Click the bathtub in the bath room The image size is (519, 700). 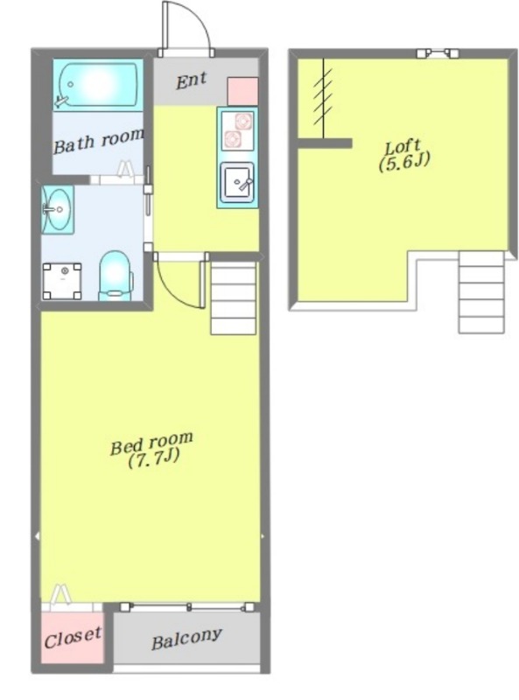click(x=98, y=84)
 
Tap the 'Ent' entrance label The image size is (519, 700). click(x=191, y=80)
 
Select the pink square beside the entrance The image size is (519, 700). click(x=243, y=91)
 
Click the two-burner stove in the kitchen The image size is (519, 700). click(x=237, y=129)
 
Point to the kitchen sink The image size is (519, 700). click(x=237, y=181)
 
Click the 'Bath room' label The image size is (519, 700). click(x=99, y=140)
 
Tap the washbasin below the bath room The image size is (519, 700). click(x=58, y=209)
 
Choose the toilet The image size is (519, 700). click(x=116, y=275)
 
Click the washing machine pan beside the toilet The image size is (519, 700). click(x=62, y=281)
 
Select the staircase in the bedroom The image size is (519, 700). click(x=233, y=297)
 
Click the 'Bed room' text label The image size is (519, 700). click(x=152, y=443)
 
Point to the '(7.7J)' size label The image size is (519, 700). click(x=154, y=458)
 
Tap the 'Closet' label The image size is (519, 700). click(x=73, y=638)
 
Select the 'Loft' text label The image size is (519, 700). click(x=403, y=147)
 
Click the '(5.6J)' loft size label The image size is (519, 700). click(x=404, y=162)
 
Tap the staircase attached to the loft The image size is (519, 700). click(x=481, y=292)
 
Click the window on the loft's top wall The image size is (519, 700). click(x=438, y=53)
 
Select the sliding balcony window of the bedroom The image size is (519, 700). click(x=187, y=607)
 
